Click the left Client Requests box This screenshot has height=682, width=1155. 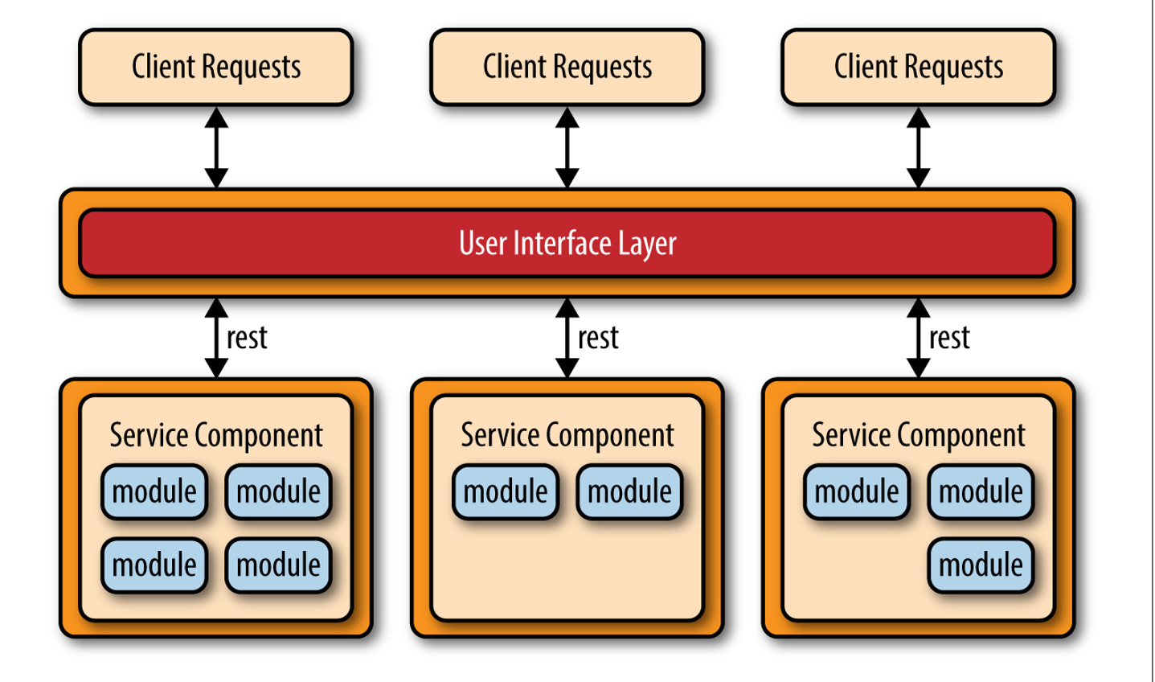[216, 67]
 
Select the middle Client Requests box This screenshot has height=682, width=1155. [567, 67]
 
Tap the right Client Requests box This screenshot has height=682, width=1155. [919, 67]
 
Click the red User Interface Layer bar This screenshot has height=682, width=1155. [567, 243]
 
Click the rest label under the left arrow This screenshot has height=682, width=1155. [247, 339]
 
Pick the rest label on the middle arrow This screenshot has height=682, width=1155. [598, 339]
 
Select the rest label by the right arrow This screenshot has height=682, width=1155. [949, 339]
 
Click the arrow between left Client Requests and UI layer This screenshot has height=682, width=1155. [216, 148]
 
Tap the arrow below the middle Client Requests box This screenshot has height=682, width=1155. [567, 148]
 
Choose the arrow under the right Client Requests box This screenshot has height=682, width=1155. [919, 148]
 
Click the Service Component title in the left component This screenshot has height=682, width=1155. [216, 435]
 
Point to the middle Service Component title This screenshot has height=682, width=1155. [567, 435]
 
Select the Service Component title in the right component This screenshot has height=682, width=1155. [919, 435]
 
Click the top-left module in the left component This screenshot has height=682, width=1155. [154, 491]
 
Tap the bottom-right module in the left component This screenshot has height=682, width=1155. [278, 565]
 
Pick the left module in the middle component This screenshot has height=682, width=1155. [506, 491]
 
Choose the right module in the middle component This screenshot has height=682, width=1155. [629, 491]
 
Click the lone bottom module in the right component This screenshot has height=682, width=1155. [981, 565]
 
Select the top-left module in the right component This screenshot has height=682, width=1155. [857, 491]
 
